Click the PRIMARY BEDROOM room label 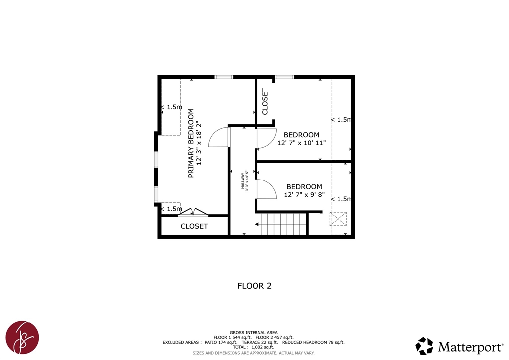tap(191, 143)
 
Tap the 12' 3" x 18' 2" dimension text tap(199, 143)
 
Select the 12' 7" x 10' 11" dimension tap(302, 143)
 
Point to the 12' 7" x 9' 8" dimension tap(305, 195)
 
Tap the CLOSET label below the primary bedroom tap(194, 226)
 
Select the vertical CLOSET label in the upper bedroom tap(265, 101)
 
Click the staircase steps tap(281, 224)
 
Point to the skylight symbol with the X tap(338, 219)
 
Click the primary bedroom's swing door tap(219, 137)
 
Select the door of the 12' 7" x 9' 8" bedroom tap(265, 189)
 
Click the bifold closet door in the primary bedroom tap(193, 212)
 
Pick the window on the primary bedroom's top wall tap(224, 77)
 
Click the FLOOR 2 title tap(254, 286)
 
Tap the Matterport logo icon tap(424, 346)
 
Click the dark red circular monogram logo tap(22, 337)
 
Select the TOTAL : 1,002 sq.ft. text tap(253, 347)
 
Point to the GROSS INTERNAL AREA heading tap(254, 333)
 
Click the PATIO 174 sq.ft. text tap(221, 342)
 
